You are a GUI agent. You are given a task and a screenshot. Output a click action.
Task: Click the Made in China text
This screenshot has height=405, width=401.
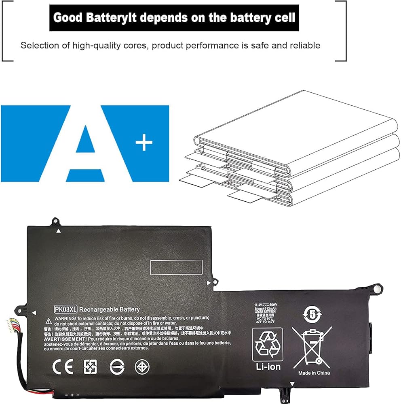pyautogui.click(x=314, y=373)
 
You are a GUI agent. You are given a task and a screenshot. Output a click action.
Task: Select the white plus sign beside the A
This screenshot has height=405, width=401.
pyautogui.click(x=144, y=143)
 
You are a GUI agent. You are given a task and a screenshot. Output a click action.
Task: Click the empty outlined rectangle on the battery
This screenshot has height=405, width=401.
pyautogui.click(x=176, y=266)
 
